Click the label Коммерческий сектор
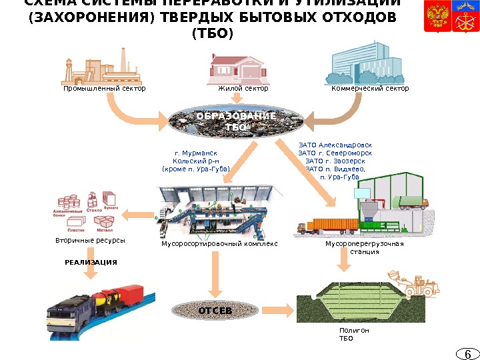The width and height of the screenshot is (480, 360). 369,88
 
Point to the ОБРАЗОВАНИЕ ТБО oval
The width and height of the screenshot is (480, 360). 236,121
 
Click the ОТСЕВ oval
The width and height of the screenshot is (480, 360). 215,311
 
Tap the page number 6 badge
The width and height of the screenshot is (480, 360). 468,353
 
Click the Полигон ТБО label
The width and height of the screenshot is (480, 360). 351,334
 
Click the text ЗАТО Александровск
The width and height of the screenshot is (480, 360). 335,144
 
